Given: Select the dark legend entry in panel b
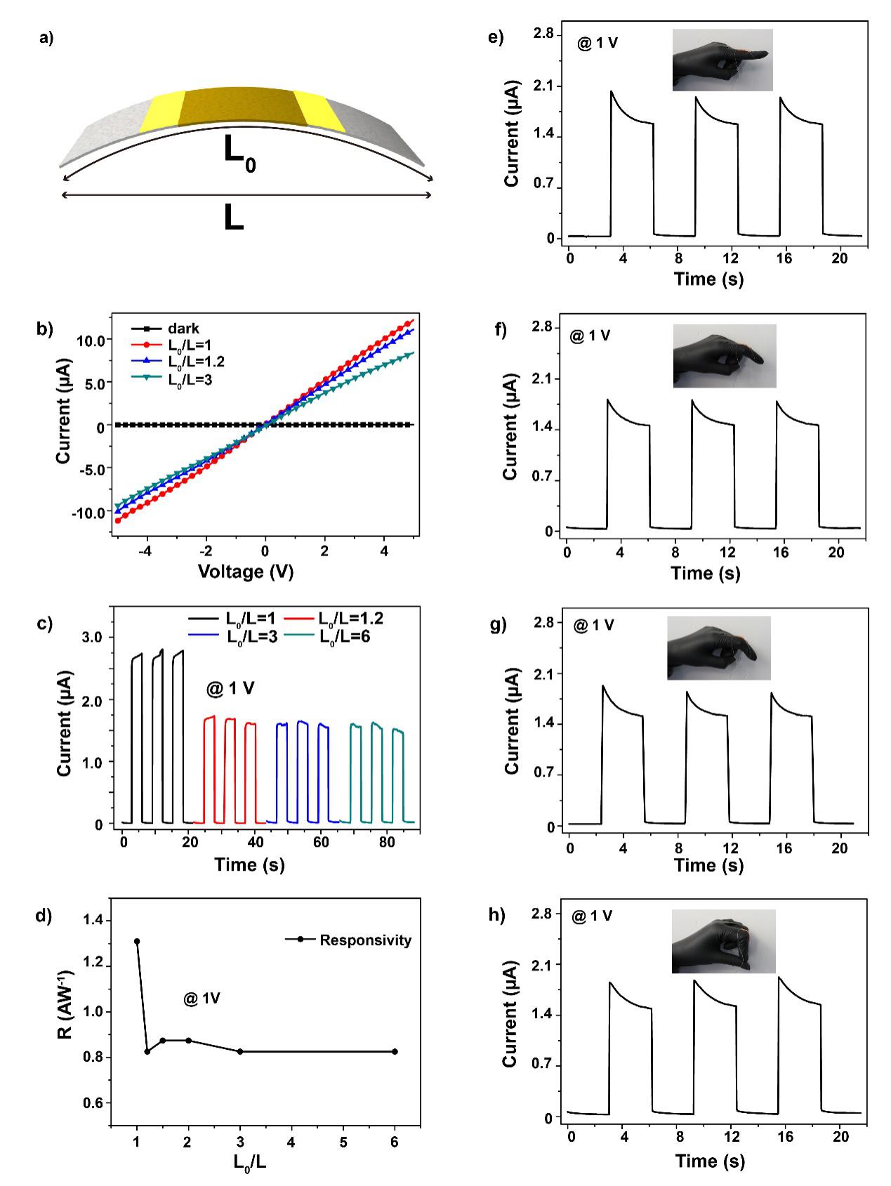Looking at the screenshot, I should [183, 328].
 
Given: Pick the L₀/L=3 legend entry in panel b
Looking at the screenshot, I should [196, 378].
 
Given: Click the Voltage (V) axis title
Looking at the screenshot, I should [245, 572].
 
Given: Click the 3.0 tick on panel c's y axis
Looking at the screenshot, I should [93, 637].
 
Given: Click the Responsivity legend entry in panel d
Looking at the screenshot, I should [365, 940].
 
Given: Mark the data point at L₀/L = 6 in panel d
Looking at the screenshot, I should [395, 1051].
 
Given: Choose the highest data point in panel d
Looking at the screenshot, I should [137, 941].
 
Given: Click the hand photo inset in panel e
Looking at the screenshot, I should [722, 60].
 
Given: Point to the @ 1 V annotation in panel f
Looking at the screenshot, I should [590, 336].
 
